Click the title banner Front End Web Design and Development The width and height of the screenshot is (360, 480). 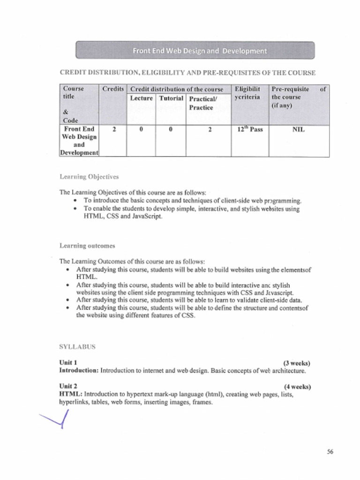tap(195, 51)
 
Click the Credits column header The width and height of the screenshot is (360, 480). tap(113, 89)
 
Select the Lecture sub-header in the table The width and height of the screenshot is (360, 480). tap(141, 98)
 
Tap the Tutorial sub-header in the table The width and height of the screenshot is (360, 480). tap(171, 98)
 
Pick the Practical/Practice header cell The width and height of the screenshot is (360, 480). tap(202, 103)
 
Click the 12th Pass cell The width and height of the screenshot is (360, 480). tap(249, 129)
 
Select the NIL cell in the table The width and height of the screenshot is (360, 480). tap(298, 129)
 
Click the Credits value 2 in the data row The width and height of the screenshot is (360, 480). tap(113, 129)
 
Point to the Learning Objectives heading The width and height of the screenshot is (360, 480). tap(89, 177)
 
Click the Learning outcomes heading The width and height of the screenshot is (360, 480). tap(87, 246)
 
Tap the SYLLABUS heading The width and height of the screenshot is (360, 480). tap(77, 347)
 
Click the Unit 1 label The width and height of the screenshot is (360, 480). tap(68, 362)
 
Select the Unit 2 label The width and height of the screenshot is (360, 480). tap(68, 386)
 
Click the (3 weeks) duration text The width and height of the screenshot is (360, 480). tap(297, 363)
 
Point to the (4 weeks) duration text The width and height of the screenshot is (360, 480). tap(297, 387)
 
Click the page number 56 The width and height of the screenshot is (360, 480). tap(330, 452)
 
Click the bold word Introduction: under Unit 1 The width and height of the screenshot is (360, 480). tap(79, 370)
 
